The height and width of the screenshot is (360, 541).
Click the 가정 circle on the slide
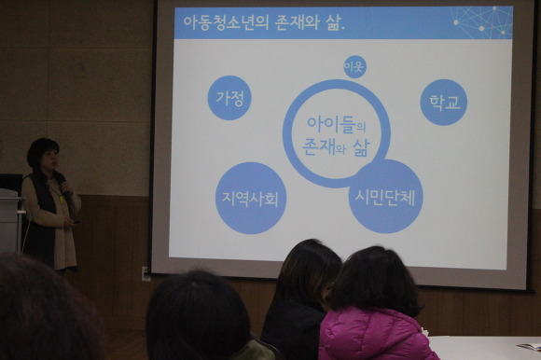(229, 98)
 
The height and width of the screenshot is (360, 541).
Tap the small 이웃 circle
(354, 66)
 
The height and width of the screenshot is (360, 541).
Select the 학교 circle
(444, 102)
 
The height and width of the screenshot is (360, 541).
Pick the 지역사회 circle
(251, 198)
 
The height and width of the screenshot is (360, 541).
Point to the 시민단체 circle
(385, 197)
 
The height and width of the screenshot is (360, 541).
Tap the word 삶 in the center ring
(361, 147)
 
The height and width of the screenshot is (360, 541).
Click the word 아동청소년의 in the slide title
(226, 22)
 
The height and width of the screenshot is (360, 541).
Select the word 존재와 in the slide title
(297, 22)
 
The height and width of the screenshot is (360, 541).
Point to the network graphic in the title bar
(481, 22)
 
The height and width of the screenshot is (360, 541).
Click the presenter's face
(50, 159)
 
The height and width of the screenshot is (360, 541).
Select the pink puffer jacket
(376, 334)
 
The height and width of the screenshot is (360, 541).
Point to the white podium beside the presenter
(10, 221)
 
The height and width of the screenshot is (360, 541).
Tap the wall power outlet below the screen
(146, 273)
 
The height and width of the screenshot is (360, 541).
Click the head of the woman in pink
(375, 280)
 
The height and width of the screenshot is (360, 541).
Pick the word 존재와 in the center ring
(324, 147)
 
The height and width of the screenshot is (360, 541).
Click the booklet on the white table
(529, 346)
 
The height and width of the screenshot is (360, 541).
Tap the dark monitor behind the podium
(11, 184)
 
